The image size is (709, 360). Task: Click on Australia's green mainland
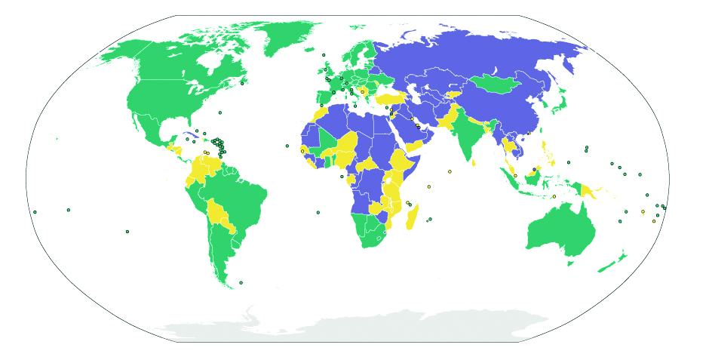562,226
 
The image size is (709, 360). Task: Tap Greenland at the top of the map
283,34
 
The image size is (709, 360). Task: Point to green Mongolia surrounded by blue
494,82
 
